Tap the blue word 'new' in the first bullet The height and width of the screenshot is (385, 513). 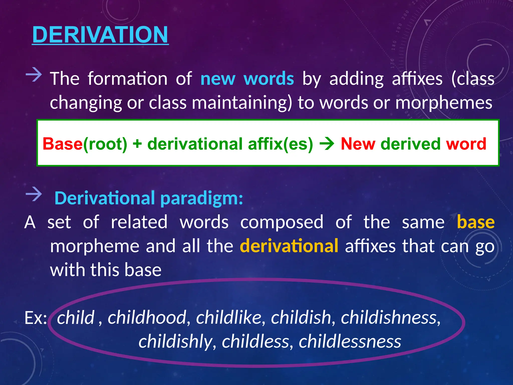[x=218, y=79]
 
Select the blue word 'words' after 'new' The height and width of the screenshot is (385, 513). [x=269, y=79]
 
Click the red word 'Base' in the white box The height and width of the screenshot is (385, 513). [x=62, y=144]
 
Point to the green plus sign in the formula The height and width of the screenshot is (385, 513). [x=137, y=144]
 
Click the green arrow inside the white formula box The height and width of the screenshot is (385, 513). [x=327, y=144]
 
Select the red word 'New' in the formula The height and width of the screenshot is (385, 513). [x=358, y=144]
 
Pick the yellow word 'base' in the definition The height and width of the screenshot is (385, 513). [x=475, y=222]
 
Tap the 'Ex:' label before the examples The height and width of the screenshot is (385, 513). [x=36, y=318]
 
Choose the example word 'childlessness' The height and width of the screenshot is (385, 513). [x=350, y=341]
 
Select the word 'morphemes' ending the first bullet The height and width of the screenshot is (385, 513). [x=444, y=103]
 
